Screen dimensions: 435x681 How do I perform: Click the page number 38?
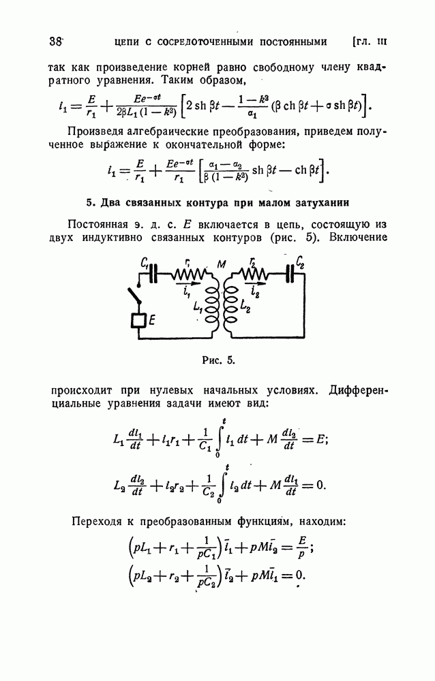coord(56,42)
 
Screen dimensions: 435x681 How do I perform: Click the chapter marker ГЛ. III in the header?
coord(369,42)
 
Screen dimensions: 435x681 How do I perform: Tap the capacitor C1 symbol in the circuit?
coord(153,274)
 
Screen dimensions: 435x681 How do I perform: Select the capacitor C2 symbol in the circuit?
coord(290,274)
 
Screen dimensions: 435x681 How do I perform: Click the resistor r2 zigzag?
coord(254,274)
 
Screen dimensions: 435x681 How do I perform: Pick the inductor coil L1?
coord(211,306)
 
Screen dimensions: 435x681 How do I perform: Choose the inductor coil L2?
coord(231,306)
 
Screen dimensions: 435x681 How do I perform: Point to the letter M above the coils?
coord(222,264)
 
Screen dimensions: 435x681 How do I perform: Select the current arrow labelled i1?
coord(189,283)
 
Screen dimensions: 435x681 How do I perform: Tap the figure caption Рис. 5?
coord(218,360)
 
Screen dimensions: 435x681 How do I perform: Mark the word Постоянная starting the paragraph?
coord(97,225)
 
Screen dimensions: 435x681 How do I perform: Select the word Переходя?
coord(96,521)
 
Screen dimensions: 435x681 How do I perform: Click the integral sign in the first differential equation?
coord(220,439)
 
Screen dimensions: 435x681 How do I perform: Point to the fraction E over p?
coord(302,548)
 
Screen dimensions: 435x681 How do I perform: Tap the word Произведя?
coord(96,131)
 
